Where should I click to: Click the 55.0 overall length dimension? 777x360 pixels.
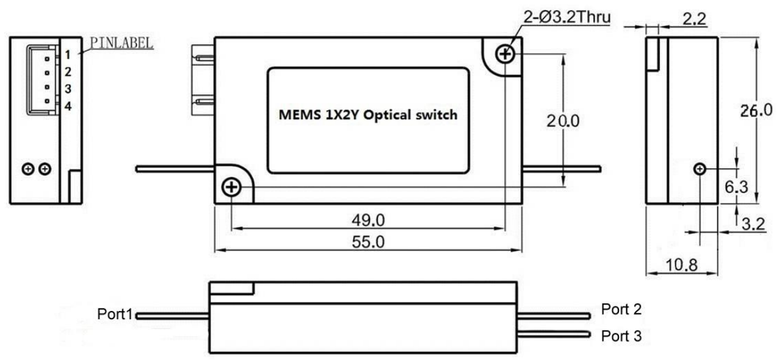tap(368, 241)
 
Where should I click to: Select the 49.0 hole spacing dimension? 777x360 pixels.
tap(368, 220)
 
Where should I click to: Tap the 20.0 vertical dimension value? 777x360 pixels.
tap(563, 121)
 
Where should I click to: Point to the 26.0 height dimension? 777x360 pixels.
tap(756, 111)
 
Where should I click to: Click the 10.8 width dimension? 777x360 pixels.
tap(681, 265)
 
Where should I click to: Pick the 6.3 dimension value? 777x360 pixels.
tap(736, 187)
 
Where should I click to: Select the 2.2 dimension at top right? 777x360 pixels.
tap(694, 18)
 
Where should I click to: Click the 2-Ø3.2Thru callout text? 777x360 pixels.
tap(567, 17)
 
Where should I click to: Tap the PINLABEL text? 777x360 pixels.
tap(121, 43)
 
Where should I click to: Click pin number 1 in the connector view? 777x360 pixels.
tap(68, 55)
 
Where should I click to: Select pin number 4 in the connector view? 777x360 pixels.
tap(68, 106)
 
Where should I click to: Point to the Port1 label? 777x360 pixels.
tap(115, 314)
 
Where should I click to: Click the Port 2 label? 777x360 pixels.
tap(621, 310)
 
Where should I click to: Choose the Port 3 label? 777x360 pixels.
tap(621, 336)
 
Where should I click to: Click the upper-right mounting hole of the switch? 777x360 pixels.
tap(505, 54)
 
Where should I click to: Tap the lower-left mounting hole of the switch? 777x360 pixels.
tap(231, 187)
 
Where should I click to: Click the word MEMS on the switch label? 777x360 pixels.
tap(300, 115)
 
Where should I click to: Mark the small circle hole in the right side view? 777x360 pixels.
tap(700, 169)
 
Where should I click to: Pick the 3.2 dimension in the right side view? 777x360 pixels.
tap(753, 224)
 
